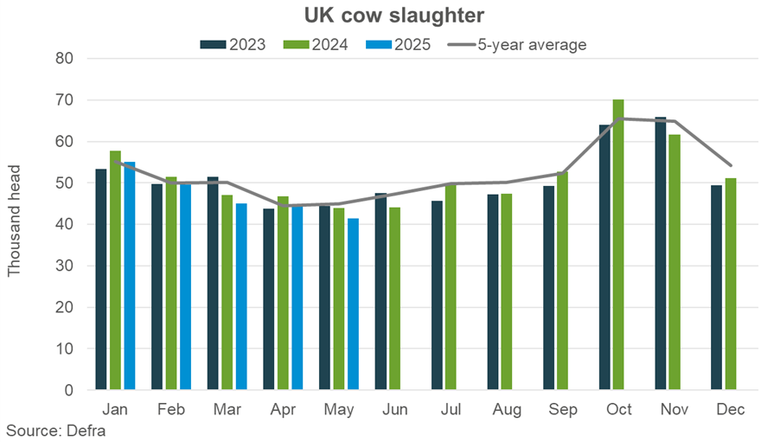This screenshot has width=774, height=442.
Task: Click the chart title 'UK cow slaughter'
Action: (x=387, y=15)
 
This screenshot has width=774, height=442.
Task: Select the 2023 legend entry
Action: (x=233, y=45)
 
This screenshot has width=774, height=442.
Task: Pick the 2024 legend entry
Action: (x=315, y=45)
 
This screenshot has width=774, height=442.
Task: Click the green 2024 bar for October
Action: (x=618, y=245)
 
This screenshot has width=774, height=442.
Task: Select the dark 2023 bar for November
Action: (x=661, y=253)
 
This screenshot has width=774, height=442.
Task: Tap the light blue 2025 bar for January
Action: (x=130, y=276)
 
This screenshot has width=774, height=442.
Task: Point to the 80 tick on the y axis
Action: (x=67, y=59)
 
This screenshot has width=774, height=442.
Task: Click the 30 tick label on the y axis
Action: (x=67, y=266)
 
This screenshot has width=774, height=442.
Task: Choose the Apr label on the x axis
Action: (x=284, y=409)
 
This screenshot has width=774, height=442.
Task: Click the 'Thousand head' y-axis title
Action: (x=15, y=224)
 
